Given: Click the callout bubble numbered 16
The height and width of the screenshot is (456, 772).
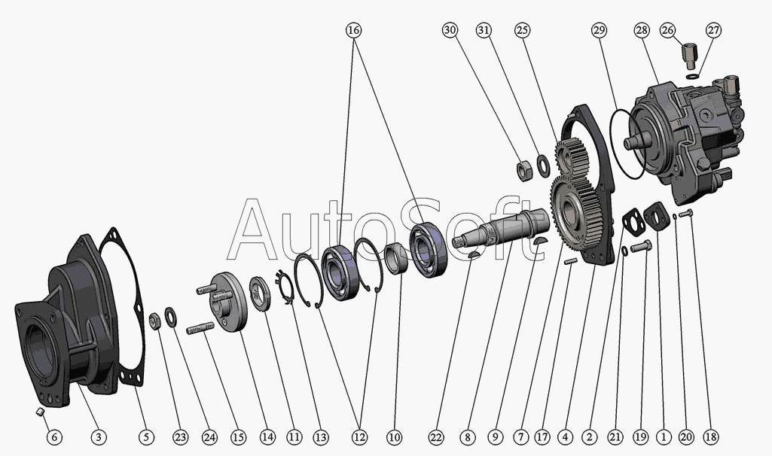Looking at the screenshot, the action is coord(354,30).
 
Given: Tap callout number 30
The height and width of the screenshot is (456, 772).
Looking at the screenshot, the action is coord(450,30).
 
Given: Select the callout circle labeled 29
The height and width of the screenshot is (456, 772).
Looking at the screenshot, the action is coord(599,30).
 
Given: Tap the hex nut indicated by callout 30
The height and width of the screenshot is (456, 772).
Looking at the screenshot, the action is coord(524,169).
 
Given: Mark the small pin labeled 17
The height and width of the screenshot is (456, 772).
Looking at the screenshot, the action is coord(571,261).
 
